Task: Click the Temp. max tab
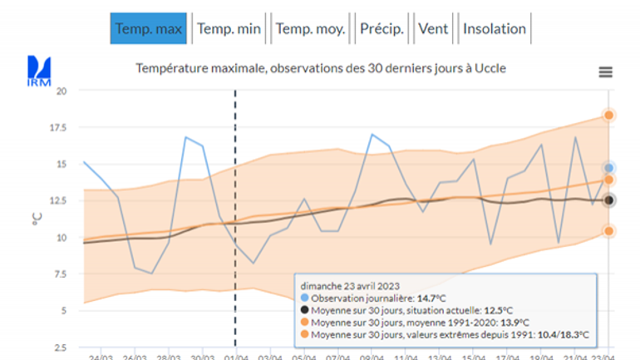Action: tap(148, 29)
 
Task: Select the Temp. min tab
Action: tap(229, 29)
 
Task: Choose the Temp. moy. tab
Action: tap(310, 29)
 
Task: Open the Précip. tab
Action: tap(382, 29)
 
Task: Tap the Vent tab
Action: tap(433, 29)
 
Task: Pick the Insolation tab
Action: tap(495, 29)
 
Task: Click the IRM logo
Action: tap(39, 70)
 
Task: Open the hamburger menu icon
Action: tap(606, 72)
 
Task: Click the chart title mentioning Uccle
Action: tap(322, 68)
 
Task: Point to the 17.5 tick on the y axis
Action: tap(58, 128)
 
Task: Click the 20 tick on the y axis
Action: tap(61, 91)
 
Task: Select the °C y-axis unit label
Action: tap(36, 218)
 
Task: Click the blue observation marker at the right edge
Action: tap(609, 168)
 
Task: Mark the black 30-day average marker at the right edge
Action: tap(609, 200)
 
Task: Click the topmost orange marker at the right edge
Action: tap(609, 116)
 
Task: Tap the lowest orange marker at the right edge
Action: tap(609, 231)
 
